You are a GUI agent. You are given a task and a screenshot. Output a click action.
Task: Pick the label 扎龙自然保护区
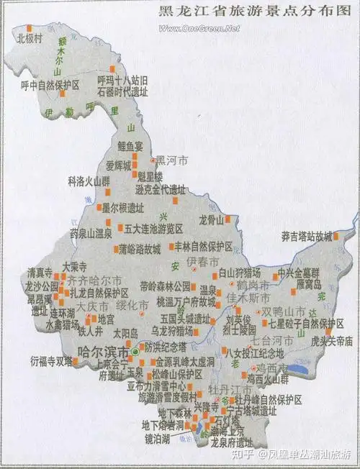[x=98, y=293]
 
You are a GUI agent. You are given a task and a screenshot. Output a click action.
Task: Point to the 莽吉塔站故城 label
[x=305, y=236]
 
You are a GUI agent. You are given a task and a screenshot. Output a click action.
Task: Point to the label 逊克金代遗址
[x=159, y=191]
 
